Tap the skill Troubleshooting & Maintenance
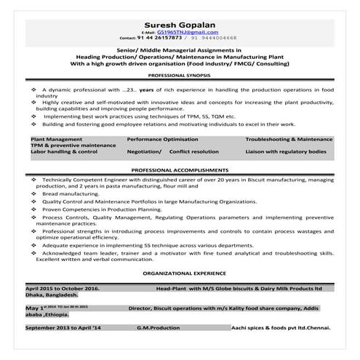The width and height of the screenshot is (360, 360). (x=289, y=138)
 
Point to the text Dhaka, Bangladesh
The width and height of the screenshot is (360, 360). (x=52, y=295)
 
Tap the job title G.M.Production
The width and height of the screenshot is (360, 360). (x=159, y=328)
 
